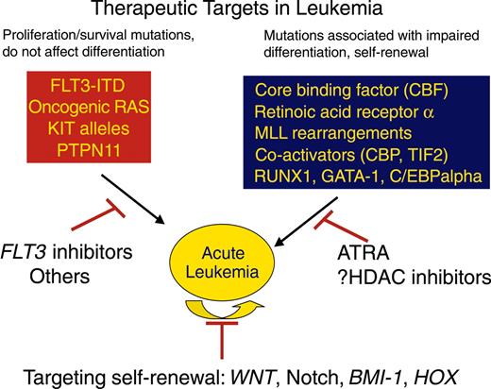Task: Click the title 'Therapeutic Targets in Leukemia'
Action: click(247, 13)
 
